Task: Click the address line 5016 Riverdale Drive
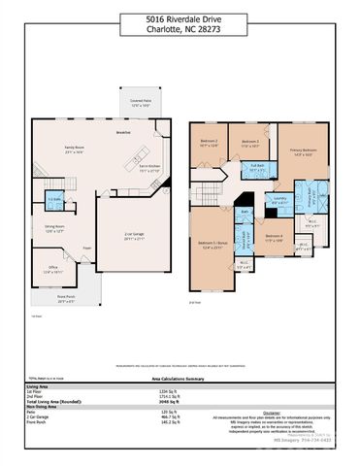point(180,17)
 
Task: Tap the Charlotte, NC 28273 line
point(180,28)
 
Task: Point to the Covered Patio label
point(142,102)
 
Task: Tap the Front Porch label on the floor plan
point(66,298)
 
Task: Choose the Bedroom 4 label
point(274,236)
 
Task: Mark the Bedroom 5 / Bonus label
point(211,244)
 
